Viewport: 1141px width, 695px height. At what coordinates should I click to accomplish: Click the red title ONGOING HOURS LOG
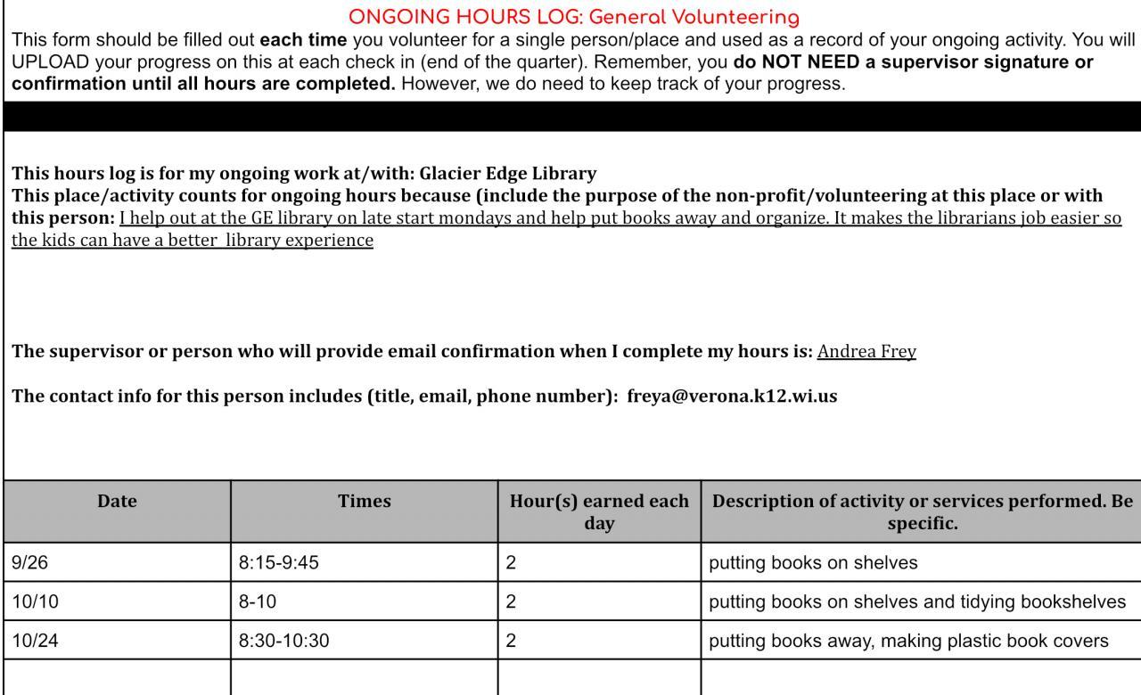pyautogui.click(x=574, y=17)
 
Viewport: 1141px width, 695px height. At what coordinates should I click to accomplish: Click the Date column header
pyautogui.click(x=117, y=502)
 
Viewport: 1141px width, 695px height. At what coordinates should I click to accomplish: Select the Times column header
pyautogui.click(x=364, y=502)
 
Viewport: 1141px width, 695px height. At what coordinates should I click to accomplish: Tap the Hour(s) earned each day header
pyautogui.click(x=599, y=512)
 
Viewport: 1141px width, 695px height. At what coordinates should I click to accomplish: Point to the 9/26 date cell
pyautogui.click(x=24, y=563)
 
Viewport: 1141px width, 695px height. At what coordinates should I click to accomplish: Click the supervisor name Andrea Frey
pyautogui.click(x=866, y=351)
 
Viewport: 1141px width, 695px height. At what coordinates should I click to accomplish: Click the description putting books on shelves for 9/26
pyautogui.click(x=813, y=563)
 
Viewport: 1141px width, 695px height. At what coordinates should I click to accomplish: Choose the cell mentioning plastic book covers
pyautogui.click(x=908, y=641)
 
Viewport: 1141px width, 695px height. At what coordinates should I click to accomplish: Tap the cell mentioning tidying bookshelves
pyautogui.click(x=917, y=601)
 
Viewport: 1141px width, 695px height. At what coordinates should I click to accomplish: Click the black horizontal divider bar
pyautogui.click(x=570, y=117)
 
